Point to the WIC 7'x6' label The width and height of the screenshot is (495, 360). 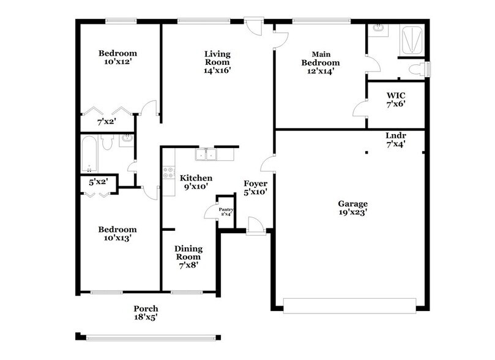tap(396, 99)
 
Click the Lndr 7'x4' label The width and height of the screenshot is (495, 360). tap(396, 140)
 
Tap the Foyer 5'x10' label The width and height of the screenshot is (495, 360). tap(255, 187)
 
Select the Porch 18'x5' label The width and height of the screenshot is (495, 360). tap(146, 313)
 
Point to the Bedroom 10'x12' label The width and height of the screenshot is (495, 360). tap(117, 58)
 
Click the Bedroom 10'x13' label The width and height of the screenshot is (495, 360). tap(117, 234)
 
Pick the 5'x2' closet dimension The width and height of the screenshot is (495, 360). tap(98, 182)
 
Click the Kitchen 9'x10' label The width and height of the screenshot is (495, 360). tap(195, 182)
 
